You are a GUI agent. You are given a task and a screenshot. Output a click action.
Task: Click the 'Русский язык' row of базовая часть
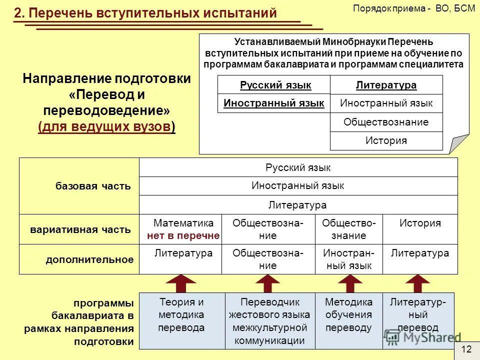point(298,167)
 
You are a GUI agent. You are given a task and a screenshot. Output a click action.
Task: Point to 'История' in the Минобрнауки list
point(386,140)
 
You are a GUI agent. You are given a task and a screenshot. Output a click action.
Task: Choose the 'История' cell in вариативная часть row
point(420,223)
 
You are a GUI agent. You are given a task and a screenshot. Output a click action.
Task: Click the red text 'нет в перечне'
point(183,235)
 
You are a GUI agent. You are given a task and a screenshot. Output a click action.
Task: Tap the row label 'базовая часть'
point(93,186)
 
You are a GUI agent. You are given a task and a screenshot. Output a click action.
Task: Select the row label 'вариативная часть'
point(80,230)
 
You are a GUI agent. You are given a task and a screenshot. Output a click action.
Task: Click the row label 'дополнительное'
point(89,259)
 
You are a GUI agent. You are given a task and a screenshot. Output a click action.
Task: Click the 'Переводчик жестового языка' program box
point(269,320)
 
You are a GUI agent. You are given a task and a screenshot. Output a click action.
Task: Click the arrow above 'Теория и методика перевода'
point(181,283)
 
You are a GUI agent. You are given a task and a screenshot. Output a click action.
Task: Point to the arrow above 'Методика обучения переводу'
point(349,283)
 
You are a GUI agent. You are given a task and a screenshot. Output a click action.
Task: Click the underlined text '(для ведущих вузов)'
point(106,127)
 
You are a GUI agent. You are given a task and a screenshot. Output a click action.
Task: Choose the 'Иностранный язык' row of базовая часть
point(298,186)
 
